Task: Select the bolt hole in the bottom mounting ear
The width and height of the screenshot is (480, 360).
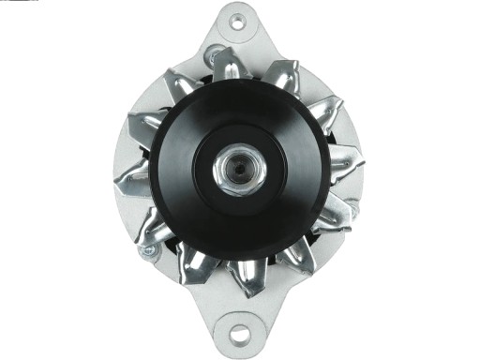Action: tap(240, 333)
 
